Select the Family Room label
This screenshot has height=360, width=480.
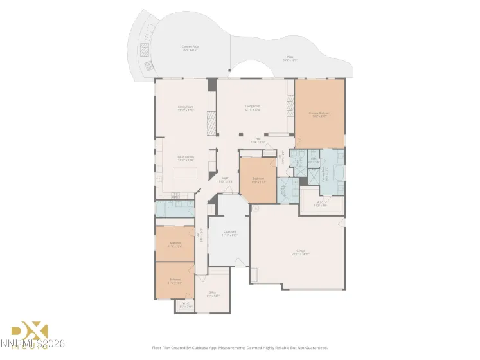[x=186, y=107]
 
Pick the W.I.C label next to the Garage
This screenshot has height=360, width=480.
[x=320, y=204]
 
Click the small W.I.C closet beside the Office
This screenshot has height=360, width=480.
[x=186, y=305]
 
